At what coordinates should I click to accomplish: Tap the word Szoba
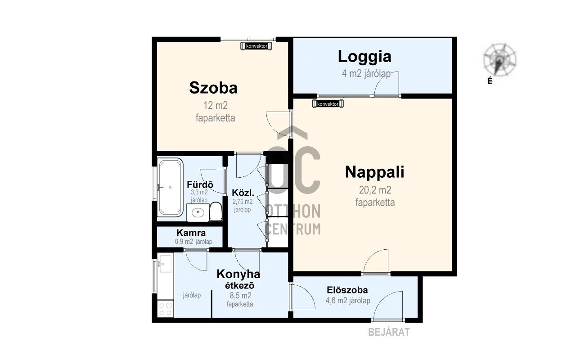point(213,88)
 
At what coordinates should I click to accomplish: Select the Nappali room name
point(374,172)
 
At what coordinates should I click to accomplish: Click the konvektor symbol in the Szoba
point(256,46)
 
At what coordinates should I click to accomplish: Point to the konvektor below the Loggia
point(328,104)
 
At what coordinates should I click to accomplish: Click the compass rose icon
point(499,60)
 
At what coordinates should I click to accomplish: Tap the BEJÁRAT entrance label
point(389,332)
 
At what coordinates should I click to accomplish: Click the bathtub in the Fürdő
point(170,187)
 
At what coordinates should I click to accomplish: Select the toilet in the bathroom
point(216,211)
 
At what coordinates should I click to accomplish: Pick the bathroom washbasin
point(198,213)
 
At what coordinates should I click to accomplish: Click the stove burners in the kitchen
point(165,309)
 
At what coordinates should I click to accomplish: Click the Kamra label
point(191,233)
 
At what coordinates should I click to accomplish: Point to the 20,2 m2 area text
point(375,190)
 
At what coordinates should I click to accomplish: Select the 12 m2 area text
point(216,106)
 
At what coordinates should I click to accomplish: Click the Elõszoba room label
point(347,290)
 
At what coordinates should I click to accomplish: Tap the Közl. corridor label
point(243,193)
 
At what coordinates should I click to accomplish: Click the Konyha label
point(238,274)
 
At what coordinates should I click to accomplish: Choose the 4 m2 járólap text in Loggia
point(366,74)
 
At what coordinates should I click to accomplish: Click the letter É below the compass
point(490,81)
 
